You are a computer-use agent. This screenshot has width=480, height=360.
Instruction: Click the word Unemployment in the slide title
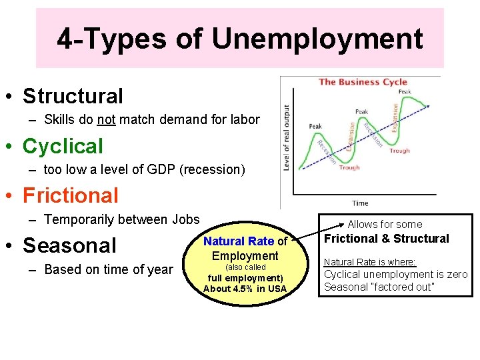pos(317,39)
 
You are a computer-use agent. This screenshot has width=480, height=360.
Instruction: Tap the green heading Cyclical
pos(63,146)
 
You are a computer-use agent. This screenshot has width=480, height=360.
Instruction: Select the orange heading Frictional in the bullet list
pos(71,195)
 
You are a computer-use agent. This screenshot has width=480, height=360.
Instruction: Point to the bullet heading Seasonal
pos(70,245)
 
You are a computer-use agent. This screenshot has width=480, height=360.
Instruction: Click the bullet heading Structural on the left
pos(73,96)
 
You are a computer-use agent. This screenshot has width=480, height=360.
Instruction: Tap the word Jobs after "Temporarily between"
pos(185,219)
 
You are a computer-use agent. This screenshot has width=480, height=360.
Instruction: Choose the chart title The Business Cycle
pos(363,82)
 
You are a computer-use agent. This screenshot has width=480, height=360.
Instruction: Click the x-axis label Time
pos(360,203)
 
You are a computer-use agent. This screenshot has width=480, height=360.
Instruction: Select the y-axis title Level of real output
pos(287,137)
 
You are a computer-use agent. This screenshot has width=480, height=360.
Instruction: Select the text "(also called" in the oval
pos(245,267)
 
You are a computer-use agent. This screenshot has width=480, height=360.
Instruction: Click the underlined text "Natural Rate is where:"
pos(369,263)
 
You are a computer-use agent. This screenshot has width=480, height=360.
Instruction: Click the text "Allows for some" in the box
pos(385,225)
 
